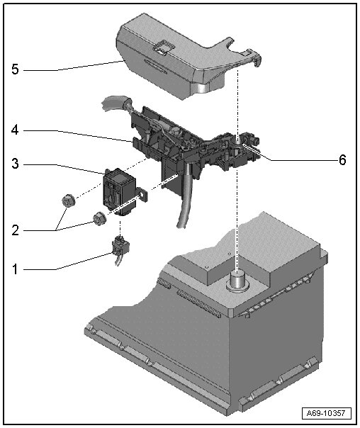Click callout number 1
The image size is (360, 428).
(x=15, y=269)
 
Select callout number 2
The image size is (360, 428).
(x=16, y=230)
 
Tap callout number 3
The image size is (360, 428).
(x=16, y=164)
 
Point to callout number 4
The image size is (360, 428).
(x=15, y=130)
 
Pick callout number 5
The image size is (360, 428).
(x=16, y=69)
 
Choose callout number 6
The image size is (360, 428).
(x=342, y=159)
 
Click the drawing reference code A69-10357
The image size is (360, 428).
(x=325, y=412)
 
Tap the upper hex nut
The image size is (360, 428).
(x=68, y=201)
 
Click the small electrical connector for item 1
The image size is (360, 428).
(x=120, y=247)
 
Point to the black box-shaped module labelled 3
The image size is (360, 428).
(x=119, y=191)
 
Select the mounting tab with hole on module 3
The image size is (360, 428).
(x=142, y=194)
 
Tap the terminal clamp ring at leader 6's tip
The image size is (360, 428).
(x=238, y=144)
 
